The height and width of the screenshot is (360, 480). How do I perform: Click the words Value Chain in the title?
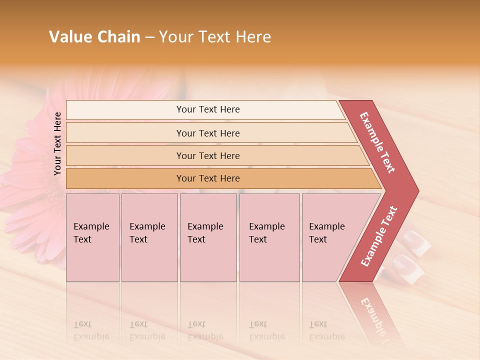[x=94, y=37]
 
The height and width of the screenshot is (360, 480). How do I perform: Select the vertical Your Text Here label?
[x=57, y=143]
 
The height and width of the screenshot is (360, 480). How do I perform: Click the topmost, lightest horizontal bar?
[x=205, y=109]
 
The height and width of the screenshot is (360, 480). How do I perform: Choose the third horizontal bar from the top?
[x=215, y=155]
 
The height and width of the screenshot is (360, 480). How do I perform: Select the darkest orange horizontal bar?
[x=220, y=178]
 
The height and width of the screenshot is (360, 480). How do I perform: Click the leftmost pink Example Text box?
[x=92, y=237]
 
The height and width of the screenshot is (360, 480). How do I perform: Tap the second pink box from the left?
[x=149, y=237]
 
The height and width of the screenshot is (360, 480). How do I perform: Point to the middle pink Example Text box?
[x=208, y=237]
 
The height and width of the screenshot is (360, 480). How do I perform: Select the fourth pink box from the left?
[x=269, y=237]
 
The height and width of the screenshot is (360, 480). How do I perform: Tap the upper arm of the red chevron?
[x=378, y=143]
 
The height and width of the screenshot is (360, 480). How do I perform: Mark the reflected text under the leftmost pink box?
[x=91, y=330]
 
